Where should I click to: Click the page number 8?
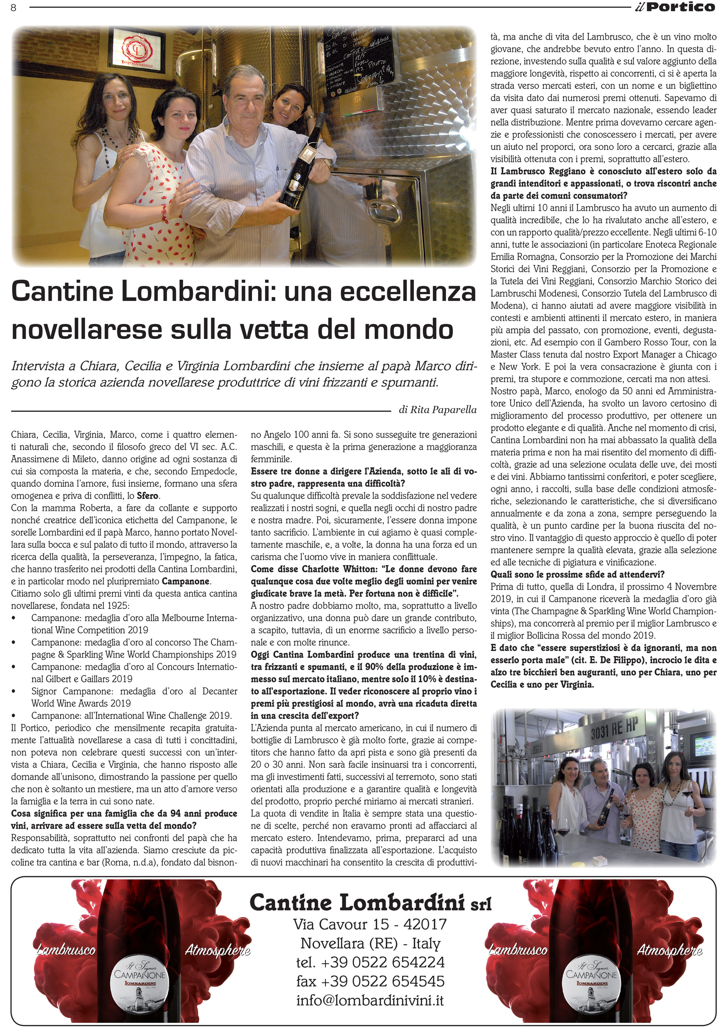pyautogui.click(x=13, y=8)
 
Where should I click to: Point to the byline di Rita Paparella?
pyautogui.click(x=438, y=410)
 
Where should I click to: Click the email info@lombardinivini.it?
pyautogui.click(x=370, y=1001)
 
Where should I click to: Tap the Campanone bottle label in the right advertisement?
pyautogui.click(x=591, y=984)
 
